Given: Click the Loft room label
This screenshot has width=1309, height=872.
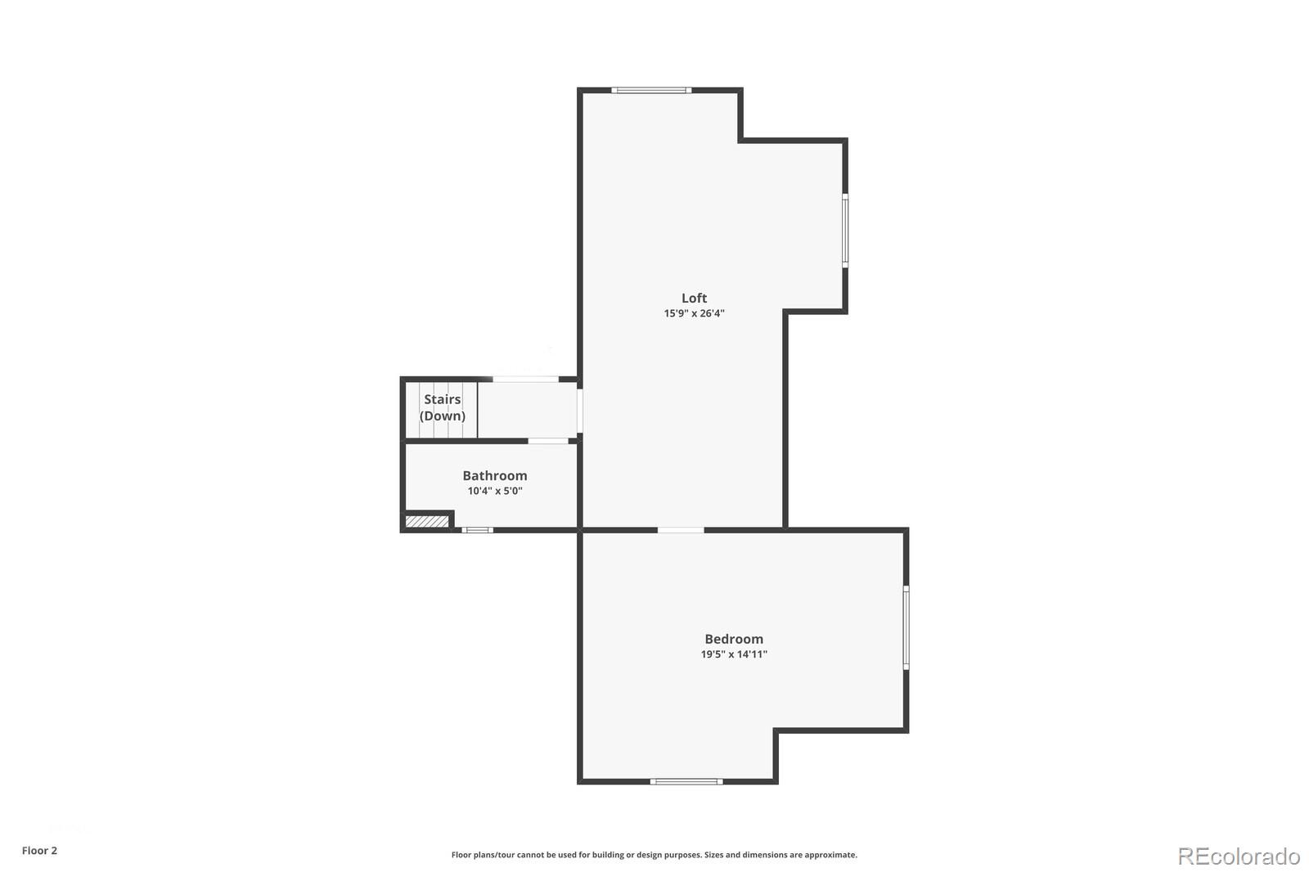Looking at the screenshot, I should [694, 299].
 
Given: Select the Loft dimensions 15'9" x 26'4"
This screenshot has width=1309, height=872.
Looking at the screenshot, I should [694, 313].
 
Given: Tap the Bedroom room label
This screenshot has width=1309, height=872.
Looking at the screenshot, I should [734, 639].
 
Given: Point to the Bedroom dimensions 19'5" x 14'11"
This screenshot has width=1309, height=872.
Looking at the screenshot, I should [734, 654].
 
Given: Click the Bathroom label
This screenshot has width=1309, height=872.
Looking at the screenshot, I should [494, 475].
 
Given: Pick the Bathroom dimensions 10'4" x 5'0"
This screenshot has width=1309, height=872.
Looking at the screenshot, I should [494, 491].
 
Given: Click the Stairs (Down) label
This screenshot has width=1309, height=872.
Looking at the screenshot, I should [442, 407].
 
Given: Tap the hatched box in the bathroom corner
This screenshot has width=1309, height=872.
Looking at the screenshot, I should [426, 521].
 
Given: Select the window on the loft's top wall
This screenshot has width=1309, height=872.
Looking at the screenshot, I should [651, 90].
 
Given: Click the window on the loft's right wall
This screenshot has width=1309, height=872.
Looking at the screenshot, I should [845, 230].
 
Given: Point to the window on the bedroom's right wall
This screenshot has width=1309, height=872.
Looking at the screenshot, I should [906, 627].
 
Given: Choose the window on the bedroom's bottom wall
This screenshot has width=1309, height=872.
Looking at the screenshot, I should [686, 781].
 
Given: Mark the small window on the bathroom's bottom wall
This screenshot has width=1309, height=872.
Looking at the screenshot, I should [478, 530].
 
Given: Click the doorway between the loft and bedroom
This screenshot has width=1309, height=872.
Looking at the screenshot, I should [681, 530].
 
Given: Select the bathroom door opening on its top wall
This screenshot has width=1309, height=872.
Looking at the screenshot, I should [548, 441].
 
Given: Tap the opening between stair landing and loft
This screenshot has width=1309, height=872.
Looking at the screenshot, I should [580, 410].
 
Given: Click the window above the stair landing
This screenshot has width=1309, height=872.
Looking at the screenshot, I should [526, 379].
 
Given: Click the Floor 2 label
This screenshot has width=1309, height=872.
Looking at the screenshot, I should [39, 851].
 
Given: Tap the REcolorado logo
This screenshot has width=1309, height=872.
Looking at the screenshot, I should [1238, 856].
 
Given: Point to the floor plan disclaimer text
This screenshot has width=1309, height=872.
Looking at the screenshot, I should [654, 855].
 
